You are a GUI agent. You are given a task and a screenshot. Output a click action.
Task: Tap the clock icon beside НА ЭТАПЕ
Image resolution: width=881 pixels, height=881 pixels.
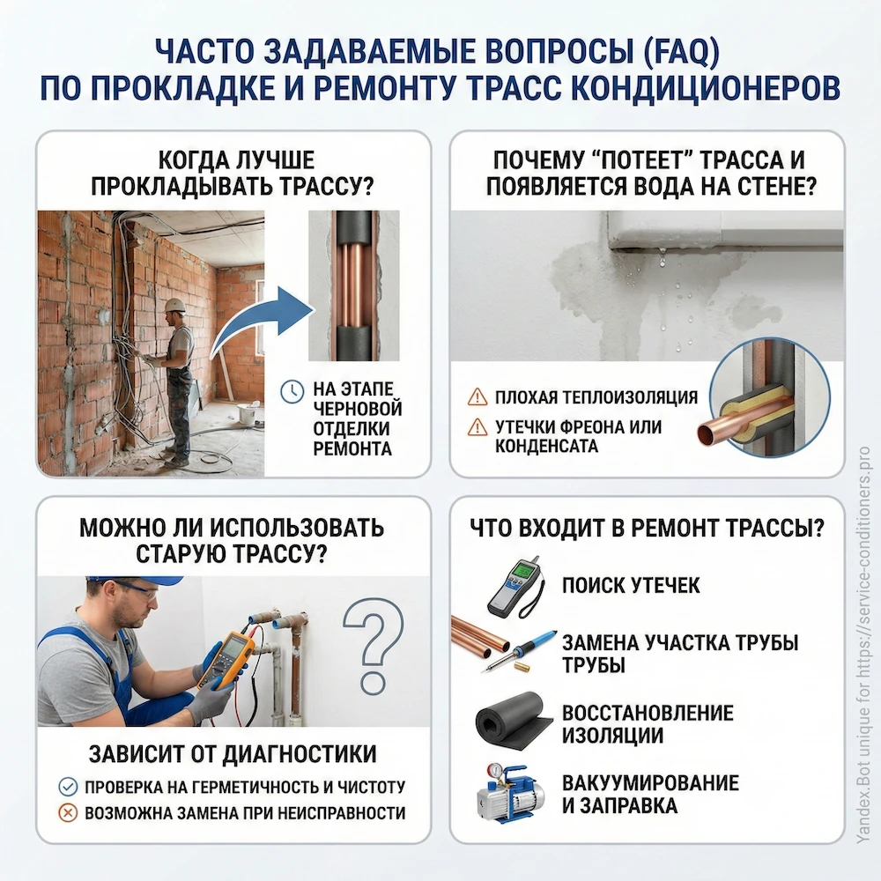tap(290, 392)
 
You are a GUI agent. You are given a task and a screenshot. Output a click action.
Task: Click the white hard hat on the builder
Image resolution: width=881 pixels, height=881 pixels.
tap(175, 305)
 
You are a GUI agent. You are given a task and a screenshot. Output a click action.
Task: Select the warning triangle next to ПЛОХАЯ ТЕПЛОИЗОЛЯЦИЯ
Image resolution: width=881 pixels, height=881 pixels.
tap(477, 396)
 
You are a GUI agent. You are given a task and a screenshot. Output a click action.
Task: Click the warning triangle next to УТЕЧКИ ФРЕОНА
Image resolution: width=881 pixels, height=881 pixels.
tap(477, 427)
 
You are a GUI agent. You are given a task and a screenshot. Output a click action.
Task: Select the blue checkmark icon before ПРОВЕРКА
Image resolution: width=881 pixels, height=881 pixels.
tap(67, 787)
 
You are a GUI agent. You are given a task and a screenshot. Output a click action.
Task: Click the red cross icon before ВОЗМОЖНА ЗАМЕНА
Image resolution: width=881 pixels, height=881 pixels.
tap(67, 812)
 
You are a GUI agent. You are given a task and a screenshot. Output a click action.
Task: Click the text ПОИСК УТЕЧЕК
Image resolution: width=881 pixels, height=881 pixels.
tap(631, 586)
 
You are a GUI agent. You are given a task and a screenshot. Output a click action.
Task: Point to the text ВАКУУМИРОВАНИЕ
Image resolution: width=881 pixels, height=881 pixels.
tap(650, 783)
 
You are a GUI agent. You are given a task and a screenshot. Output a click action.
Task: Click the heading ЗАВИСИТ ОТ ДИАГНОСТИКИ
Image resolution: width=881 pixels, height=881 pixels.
tap(233, 754)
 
